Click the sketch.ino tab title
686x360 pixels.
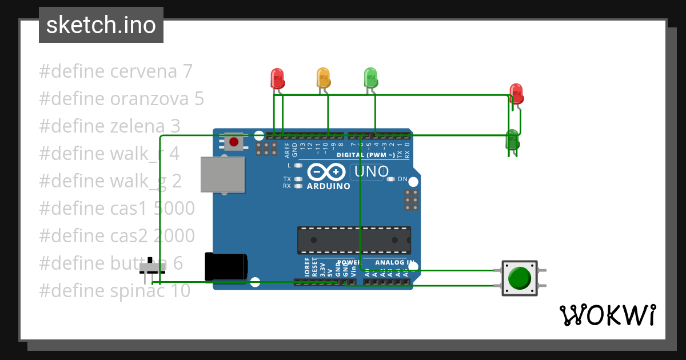pyautogui.click(x=101, y=25)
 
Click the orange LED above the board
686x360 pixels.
pyautogui.click(x=324, y=78)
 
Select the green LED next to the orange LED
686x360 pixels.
pyautogui.click(x=370, y=78)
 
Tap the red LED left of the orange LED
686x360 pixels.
pyautogui.click(x=277, y=78)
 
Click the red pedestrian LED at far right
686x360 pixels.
pyautogui.click(x=516, y=94)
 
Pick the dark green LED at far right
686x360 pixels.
pyautogui.click(x=512, y=140)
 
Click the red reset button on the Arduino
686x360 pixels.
pyautogui.click(x=234, y=142)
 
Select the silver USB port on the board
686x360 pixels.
pyautogui.click(x=222, y=174)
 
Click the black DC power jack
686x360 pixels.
pyautogui.click(x=226, y=267)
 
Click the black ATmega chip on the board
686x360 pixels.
pyautogui.click(x=353, y=240)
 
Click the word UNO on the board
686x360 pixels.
pyautogui.click(x=372, y=171)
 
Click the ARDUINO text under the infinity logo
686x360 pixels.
pyautogui.click(x=328, y=186)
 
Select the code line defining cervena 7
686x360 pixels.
pyautogui.click(x=116, y=71)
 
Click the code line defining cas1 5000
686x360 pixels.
pyautogui.click(x=117, y=209)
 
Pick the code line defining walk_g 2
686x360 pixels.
pyautogui.click(x=110, y=181)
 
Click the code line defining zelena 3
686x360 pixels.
pyautogui.click(x=110, y=126)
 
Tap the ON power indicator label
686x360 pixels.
pyautogui.click(x=402, y=179)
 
